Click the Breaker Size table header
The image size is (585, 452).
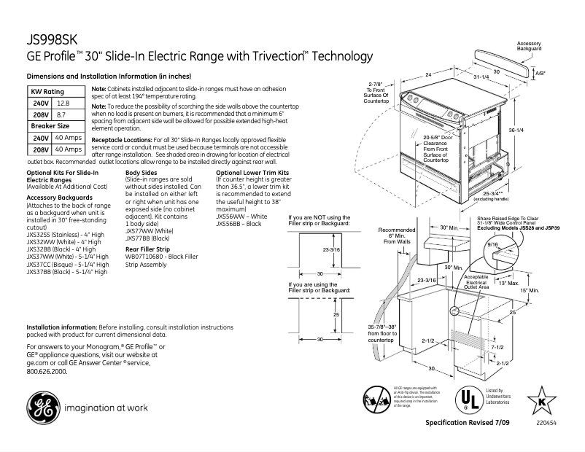click(x=49, y=126)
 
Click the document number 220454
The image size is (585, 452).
click(x=542, y=423)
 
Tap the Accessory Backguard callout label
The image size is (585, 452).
click(x=529, y=45)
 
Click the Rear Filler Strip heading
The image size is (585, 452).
click(x=152, y=249)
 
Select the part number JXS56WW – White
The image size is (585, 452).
click(x=242, y=217)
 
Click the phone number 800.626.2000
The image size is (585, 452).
click(x=47, y=371)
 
